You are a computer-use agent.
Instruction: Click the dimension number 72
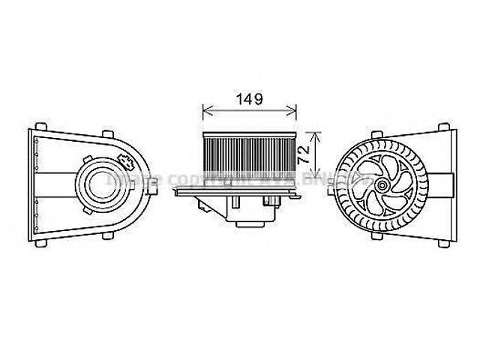pyautogui.click(x=304, y=156)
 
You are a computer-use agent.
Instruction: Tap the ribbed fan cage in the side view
pyautogui.click(x=250, y=157)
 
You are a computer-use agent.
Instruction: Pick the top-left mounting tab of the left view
pyautogui.click(x=42, y=124)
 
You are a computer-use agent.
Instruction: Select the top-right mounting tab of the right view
pyautogui.click(x=442, y=123)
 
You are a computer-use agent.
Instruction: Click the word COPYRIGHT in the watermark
pyautogui.click(x=202, y=179)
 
